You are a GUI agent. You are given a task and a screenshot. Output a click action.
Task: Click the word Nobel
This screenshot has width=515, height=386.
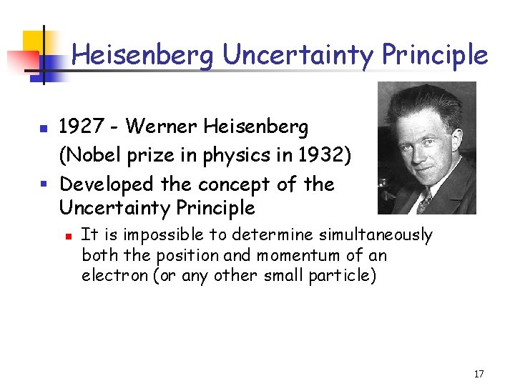[92, 155]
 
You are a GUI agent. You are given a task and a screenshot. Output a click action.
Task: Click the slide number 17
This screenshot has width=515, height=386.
[479, 374]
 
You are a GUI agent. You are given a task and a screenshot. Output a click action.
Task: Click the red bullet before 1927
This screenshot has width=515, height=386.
[44, 129]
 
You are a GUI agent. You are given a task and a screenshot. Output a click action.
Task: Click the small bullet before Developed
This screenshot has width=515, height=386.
[44, 184]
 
